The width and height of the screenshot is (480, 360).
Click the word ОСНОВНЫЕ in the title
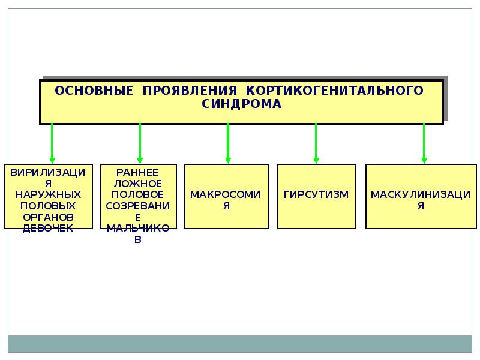[94, 91]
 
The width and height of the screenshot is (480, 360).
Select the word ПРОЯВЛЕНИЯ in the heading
[190, 91]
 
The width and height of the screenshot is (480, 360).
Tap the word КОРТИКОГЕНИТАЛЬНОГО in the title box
[335, 91]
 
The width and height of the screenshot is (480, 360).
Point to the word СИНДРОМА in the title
[241, 104]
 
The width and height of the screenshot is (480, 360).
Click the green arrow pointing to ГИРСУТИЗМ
[316, 143]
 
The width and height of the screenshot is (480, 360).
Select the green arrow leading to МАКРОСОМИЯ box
[227, 143]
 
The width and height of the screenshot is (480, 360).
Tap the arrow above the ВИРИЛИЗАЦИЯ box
[52, 143]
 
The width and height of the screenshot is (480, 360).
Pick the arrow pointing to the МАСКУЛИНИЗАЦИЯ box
[424, 143]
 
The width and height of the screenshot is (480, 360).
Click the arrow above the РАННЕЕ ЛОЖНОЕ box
[140, 143]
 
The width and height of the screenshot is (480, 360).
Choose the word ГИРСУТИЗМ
[316, 194]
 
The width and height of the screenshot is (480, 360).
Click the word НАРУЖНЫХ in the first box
[48, 194]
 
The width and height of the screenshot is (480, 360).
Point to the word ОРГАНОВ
[48, 217]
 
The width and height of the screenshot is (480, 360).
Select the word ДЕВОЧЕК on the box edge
[48, 229]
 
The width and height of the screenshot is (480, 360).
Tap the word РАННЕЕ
[137, 172]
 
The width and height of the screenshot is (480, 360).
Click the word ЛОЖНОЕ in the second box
[137, 184]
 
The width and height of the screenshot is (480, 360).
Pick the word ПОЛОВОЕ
[137, 194]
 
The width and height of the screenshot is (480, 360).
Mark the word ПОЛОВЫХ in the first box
[48, 206]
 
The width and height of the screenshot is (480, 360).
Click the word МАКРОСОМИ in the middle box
[226, 194]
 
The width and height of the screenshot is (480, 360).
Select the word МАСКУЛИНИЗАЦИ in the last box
[421, 194]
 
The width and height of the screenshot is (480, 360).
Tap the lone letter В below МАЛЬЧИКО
[138, 239]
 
